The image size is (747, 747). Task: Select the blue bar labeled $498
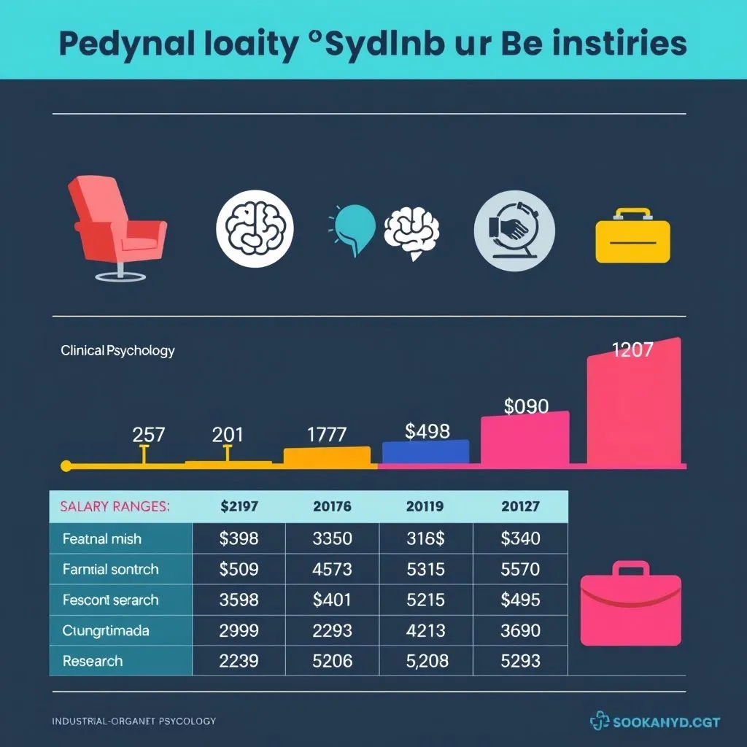(x=426, y=452)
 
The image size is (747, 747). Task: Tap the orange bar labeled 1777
(x=326, y=456)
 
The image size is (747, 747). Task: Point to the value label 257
(x=148, y=435)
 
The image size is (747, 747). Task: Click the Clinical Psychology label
(x=117, y=350)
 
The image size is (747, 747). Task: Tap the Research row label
(x=93, y=661)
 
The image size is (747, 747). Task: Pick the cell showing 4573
(x=332, y=569)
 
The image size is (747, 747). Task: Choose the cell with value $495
(x=520, y=600)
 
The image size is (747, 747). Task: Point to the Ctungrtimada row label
(x=107, y=630)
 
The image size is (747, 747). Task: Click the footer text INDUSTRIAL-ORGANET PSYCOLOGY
(x=133, y=721)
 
